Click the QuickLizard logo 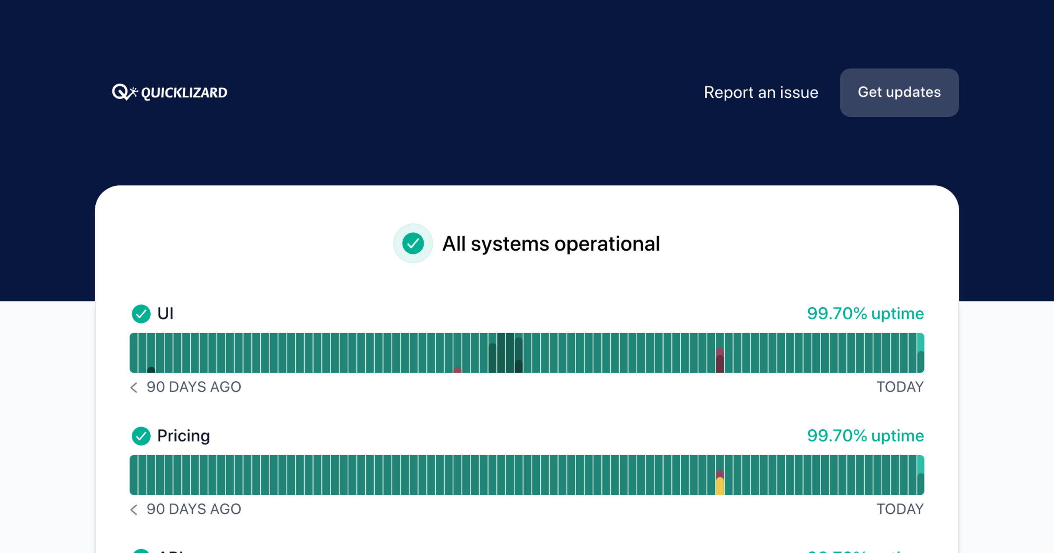coord(170,92)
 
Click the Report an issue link coord(761,93)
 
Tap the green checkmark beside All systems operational coord(413,244)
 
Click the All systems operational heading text coord(551,244)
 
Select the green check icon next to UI coord(141,314)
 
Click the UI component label coord(166,314)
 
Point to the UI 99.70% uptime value coord(865,314)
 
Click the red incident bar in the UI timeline coord(720,361)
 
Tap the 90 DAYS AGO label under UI coord(194,387)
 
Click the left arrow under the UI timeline coord(134,387)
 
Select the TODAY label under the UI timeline coord(900,387)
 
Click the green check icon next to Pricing coord(141,436)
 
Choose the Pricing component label coord(184,436)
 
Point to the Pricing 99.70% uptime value coord(865,436)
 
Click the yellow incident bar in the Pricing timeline coord(720,486)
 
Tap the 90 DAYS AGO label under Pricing coord(194,509)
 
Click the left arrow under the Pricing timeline coord(134,509)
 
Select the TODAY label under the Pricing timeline coord(900,509)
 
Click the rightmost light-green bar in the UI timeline coord(920,342)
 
